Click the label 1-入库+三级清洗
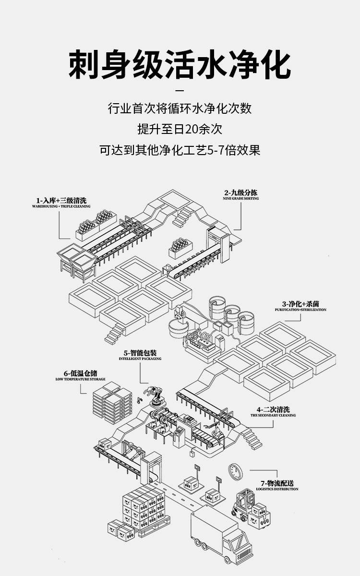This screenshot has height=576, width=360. pos(61,200)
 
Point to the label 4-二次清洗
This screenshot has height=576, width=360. pos(273,409)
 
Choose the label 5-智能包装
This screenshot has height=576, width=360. pos(140,353)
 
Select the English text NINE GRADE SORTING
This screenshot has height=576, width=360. pos(240,198)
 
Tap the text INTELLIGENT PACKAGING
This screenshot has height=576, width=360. pos(140,359)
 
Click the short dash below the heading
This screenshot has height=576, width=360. pos(180,91)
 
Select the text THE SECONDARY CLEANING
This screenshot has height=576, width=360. pos(273,415)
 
